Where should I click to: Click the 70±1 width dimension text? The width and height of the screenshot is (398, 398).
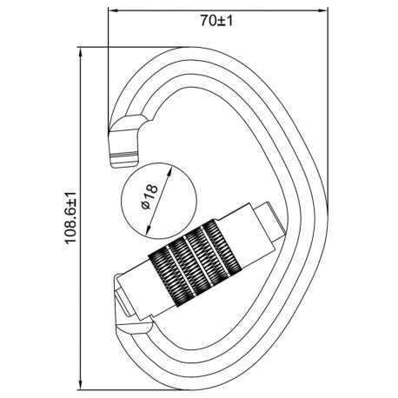click(x=217, y=21)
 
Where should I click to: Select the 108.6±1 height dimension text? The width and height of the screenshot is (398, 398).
click(x=70, y=217)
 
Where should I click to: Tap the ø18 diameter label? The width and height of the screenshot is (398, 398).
click(x=149, y=196)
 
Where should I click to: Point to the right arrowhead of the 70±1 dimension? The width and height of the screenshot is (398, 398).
click(x=323, y=10)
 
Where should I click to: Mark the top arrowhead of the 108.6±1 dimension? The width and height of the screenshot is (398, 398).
click(x=81, y=51)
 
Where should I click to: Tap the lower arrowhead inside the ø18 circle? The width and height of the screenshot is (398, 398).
click(x=148, y=230)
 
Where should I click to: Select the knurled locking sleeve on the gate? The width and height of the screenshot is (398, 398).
click(x=195, y=263)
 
